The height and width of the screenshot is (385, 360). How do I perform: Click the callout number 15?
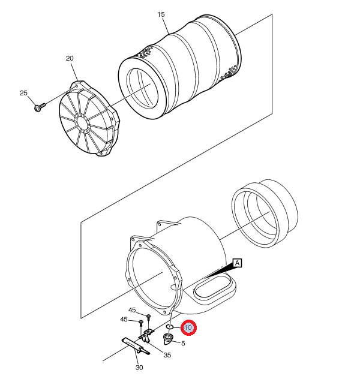161,15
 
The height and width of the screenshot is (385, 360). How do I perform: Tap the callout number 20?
70,58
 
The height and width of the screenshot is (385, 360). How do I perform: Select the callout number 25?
23,93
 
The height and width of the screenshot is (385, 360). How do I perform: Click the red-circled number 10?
188,327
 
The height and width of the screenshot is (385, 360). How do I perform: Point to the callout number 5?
183,344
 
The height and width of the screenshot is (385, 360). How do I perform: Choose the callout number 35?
167,355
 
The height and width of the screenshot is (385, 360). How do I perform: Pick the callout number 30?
139,368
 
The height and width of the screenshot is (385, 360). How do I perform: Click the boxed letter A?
237,263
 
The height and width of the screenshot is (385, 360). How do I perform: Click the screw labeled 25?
40,107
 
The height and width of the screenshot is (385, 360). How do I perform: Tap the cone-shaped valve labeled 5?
168,339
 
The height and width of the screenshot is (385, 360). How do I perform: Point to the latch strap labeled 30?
136,347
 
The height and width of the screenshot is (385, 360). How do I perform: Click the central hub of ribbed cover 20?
82,122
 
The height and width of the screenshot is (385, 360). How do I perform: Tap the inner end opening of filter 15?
142,88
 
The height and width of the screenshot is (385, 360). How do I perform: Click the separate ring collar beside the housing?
265,213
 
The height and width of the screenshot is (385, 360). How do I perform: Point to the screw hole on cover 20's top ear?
76,86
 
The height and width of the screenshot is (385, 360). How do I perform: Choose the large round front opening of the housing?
154,278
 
